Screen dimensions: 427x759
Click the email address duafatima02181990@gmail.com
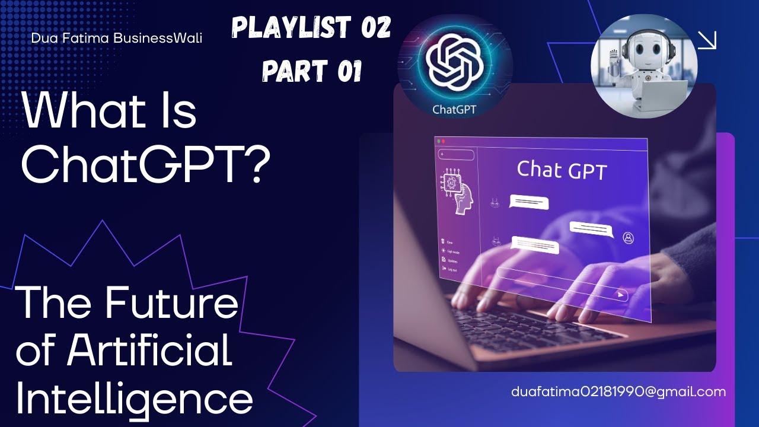[618, 392]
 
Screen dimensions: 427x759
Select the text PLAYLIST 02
[311, 28]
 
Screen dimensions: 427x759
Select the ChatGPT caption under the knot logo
[454, 109]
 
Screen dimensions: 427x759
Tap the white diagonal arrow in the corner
[707, 40]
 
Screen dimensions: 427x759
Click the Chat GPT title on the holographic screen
[562, 170]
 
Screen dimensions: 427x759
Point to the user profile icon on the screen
[629, 238]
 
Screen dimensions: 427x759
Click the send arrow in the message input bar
[620, 294]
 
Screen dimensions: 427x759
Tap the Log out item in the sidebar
[450, 269]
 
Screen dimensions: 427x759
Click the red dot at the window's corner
[442, 142]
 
